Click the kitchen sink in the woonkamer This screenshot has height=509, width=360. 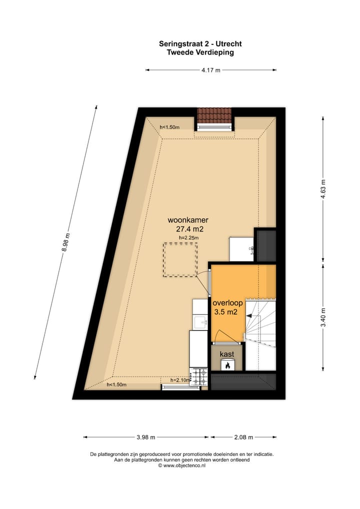(x=201, y=321)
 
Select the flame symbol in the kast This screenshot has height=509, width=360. (x=227, y=365)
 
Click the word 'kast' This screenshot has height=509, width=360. (x=227, y=354)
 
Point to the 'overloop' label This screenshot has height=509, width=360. (x=227, y=303)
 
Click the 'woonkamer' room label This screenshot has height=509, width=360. (x=188, y=220)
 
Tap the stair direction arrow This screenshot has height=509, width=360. (x=249, y=315)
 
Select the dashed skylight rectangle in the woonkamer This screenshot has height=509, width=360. (x=179, y=260)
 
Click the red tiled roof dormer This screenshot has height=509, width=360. (x=215, y=116)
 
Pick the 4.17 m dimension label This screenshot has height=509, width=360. (x=211, y=70)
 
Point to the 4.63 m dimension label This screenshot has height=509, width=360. (x=323, y=188)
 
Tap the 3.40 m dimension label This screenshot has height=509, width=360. (x=323, y=316)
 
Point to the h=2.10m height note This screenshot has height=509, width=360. (x=180, y=380)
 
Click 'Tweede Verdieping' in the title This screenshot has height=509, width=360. (x=200, y=52)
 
